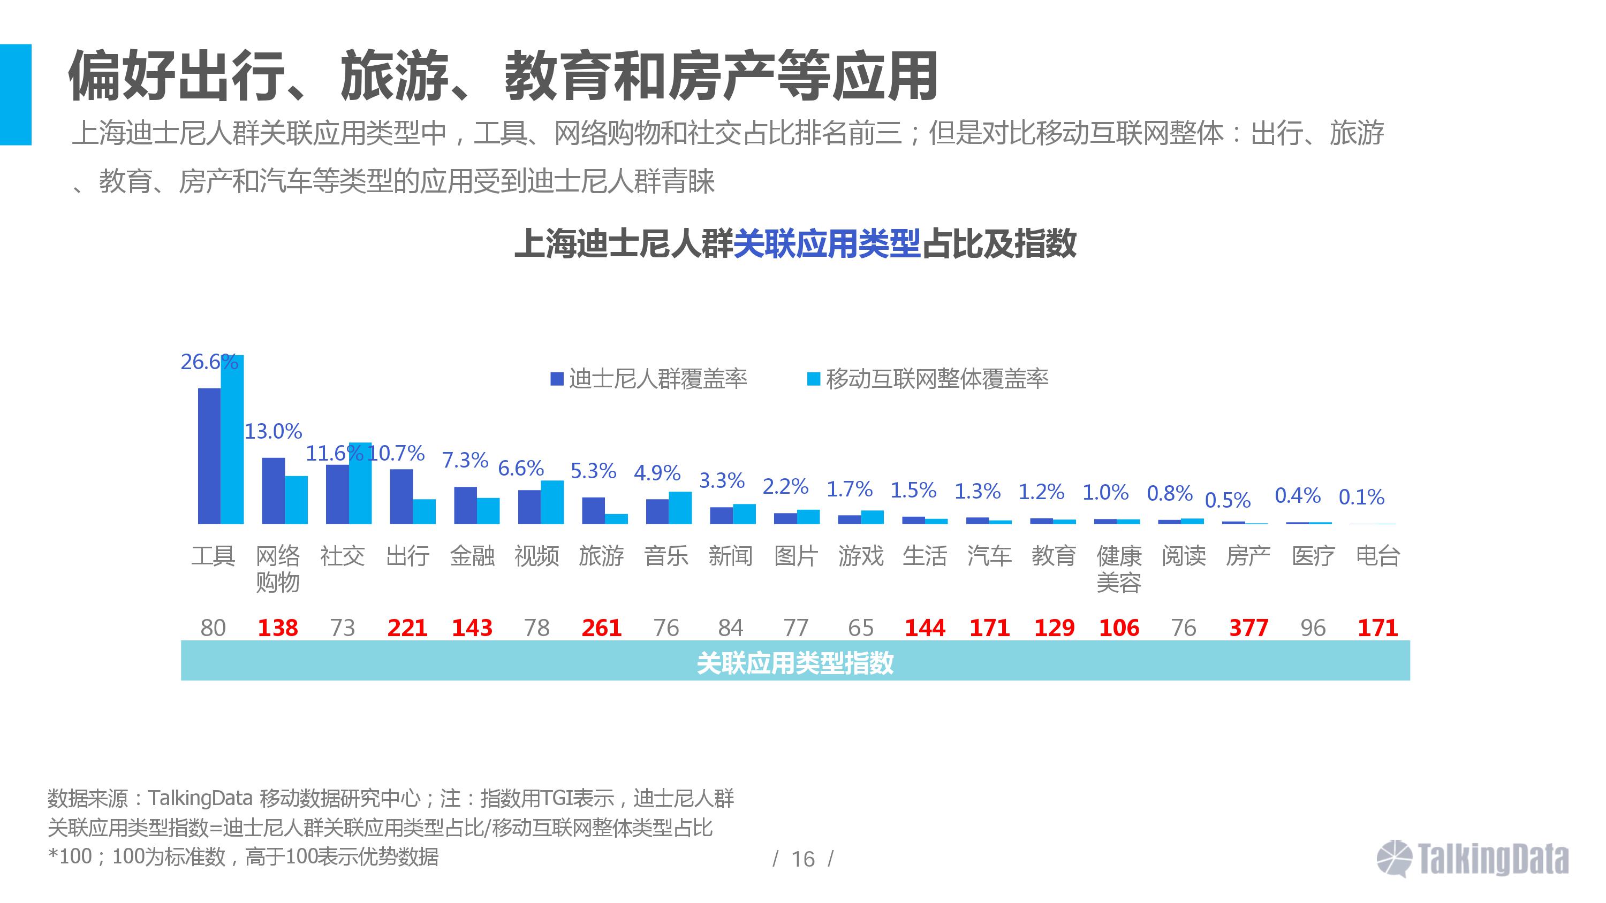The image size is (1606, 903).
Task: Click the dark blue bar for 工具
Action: [x=209, y=456]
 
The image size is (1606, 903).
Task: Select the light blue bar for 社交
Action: [x=360, y=483]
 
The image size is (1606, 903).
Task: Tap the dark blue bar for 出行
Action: [x=401, y=496]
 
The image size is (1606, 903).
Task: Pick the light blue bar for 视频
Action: [x=552, y=502]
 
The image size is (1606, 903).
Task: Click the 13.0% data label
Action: [x=273, y=431]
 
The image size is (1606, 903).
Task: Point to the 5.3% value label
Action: [x=593, y=471]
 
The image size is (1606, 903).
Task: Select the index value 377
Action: [x=1248, y=627]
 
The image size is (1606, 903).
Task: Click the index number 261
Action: [x=601, y=627]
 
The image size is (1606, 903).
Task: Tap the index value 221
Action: [x=407, y=627]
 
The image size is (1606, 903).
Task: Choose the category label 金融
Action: [x=472, y=555]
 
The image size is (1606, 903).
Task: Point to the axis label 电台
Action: [x=1378, y=555]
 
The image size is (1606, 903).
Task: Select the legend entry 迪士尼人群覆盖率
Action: [x=658, y=379]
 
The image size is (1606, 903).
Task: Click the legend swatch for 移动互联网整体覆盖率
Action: [x=814, y=379]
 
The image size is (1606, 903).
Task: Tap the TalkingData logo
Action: [x=1473, y=859]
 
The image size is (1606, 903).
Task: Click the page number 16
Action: [x=803, y=859]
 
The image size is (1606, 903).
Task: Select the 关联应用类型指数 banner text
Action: [x=795, y=663]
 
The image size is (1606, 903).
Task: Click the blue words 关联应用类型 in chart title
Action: [x=827, y=243]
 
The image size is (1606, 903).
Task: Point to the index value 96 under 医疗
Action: [x=1313, y=627]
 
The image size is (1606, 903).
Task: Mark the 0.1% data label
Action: [x=1361, y=496]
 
